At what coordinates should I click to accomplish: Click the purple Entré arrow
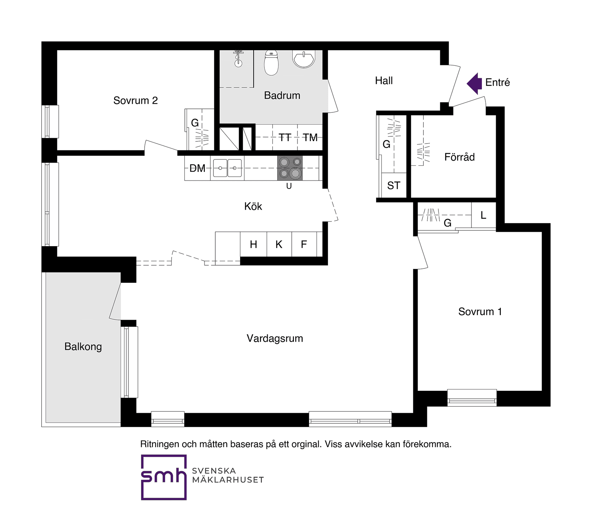474,84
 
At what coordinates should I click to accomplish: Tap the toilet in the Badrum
271,63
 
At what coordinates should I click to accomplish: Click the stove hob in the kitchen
290,168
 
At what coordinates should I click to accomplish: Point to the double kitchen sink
227,168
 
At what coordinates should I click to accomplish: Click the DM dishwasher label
197,168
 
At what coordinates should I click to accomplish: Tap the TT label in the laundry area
285,137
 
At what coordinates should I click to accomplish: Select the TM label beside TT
310,137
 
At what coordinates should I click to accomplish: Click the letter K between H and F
279,244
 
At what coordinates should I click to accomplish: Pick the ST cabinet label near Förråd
394,186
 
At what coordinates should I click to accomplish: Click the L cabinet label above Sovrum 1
483,215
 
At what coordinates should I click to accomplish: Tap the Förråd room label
460,157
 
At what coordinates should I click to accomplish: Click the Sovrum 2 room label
136,100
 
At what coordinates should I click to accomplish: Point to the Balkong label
83,347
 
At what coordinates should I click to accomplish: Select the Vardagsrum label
275,338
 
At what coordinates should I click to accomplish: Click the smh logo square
164,477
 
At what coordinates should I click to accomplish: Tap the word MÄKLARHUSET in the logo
228,480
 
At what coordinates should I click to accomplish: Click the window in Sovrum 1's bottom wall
472,398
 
